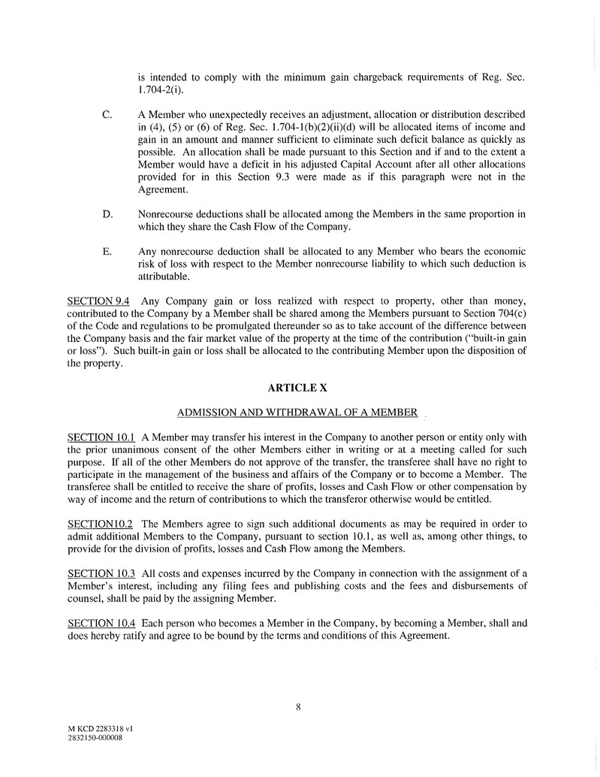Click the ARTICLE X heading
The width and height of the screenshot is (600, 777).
tap(297, 388)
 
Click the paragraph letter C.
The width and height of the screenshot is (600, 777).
tap(107, 115)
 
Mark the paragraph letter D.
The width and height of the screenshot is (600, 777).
tap(107, 215)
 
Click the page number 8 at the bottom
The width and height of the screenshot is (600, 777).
tap(298, 706)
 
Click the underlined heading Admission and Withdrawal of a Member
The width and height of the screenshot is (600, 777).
tap(297, 413)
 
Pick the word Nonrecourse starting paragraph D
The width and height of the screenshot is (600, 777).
tap(168, 215)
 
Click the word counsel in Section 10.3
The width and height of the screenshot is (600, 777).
tap(81, 598)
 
